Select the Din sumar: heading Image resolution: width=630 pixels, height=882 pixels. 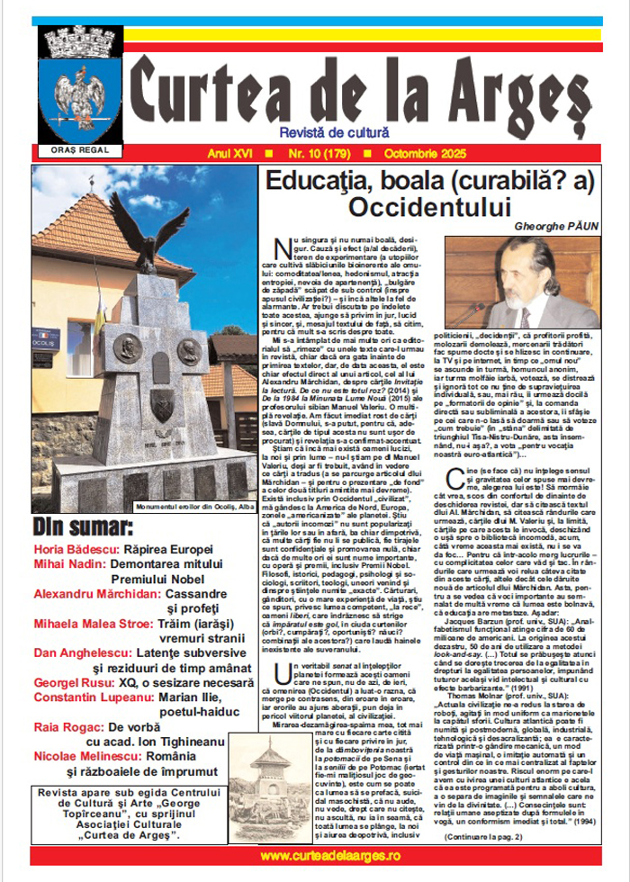[x=80, y=527]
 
